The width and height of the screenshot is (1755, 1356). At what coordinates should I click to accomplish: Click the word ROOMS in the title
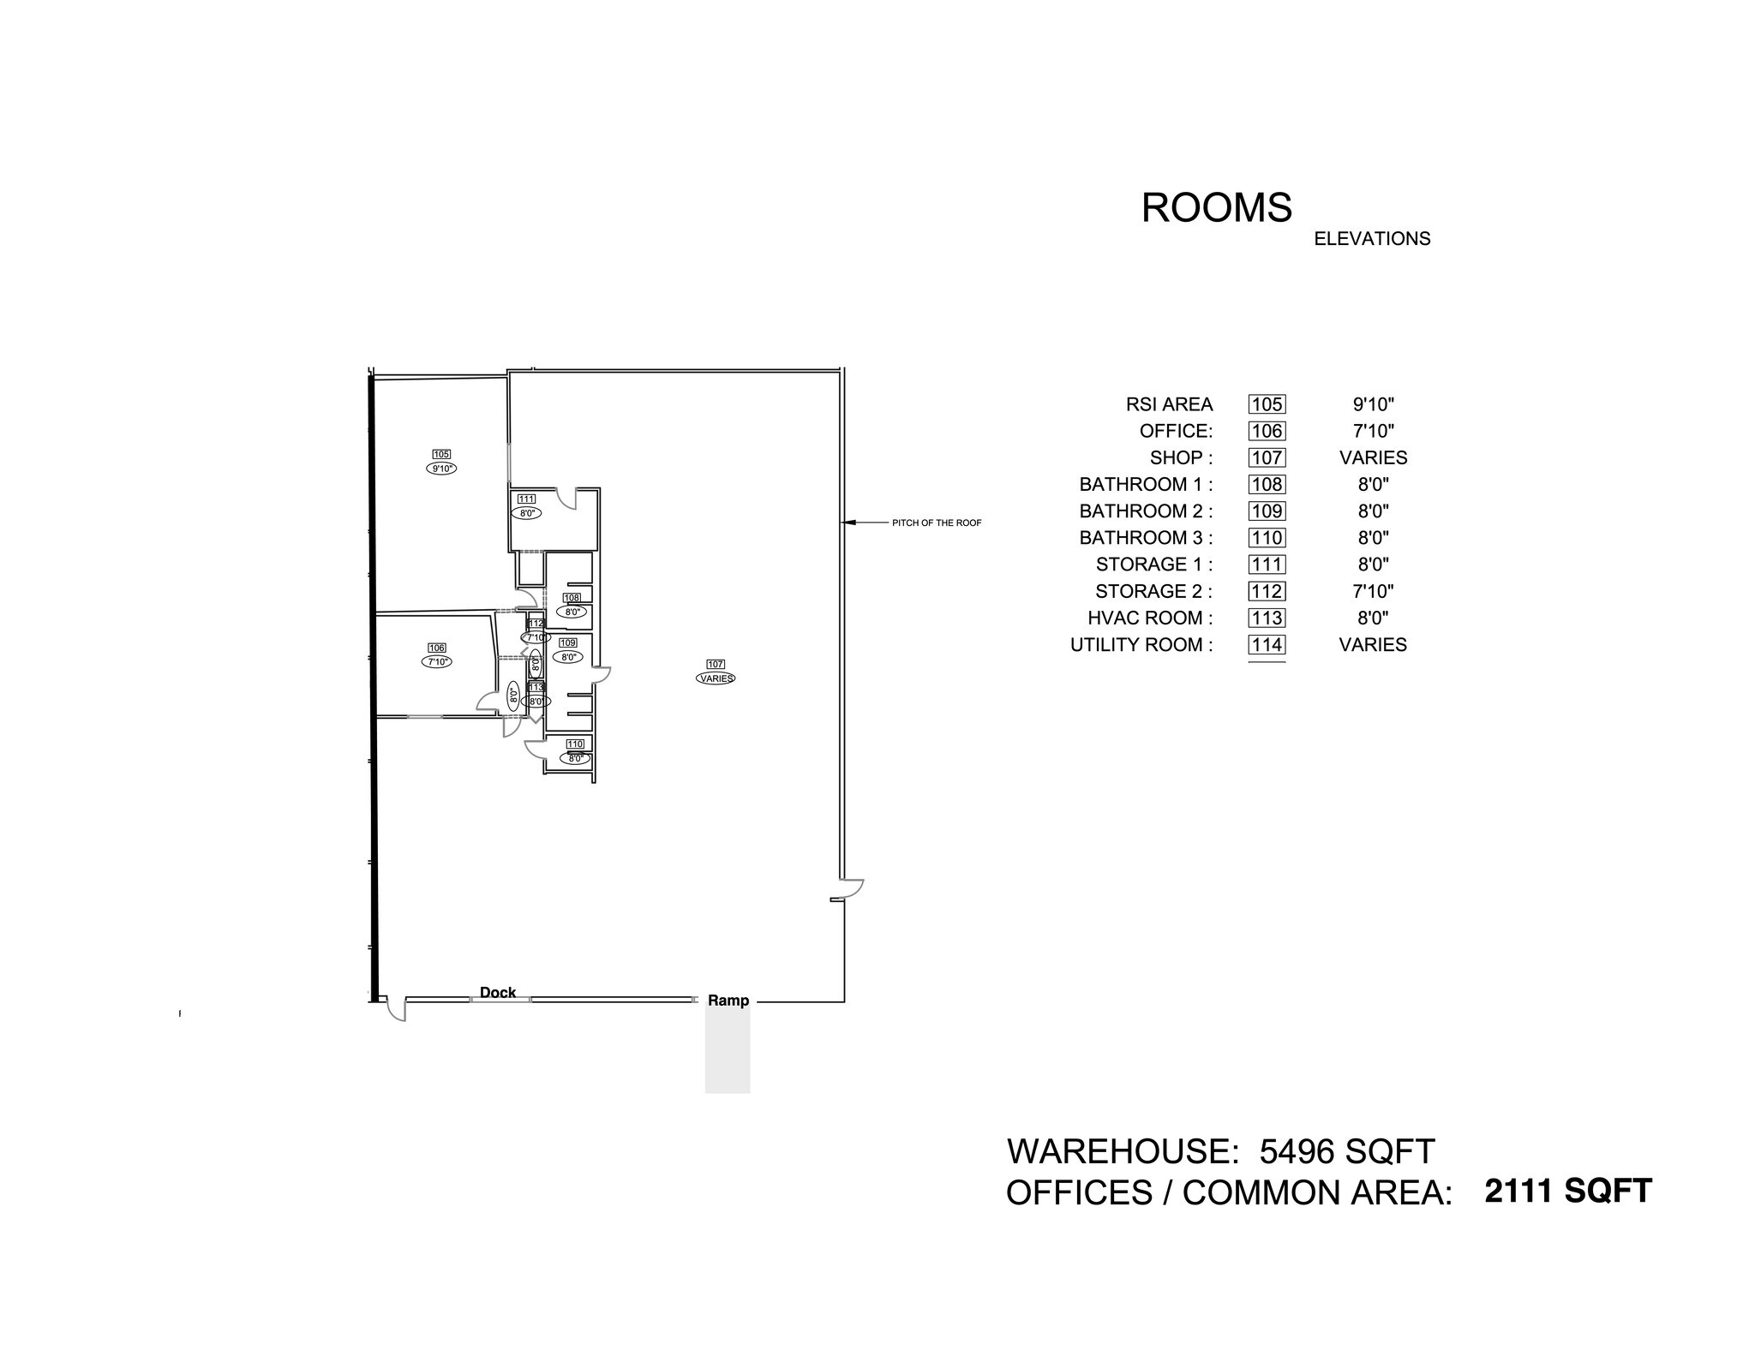(x=1216, y=208)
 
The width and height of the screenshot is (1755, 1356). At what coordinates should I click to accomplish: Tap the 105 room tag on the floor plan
(x=441, y=454)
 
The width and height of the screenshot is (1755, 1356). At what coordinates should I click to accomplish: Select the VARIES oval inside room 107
(x=716, y=678)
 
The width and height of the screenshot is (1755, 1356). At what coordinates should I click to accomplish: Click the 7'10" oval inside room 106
(x=436, y=661)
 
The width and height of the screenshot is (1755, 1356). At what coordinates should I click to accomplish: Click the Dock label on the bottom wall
(x=498, y=992)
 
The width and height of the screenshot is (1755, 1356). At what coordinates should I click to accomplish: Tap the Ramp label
(x=728, y=1001)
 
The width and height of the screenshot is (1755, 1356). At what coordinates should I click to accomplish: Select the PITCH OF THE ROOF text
(x=937, y=523)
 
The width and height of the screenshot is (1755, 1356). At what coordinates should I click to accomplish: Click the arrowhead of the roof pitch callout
(x=849, y=522)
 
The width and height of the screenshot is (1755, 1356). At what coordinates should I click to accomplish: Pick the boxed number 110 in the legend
(x=1267, y=538)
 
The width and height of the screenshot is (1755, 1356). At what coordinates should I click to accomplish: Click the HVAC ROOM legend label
(x=1150, y=618)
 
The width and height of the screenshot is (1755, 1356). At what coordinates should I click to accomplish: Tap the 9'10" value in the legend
(x=1373, y=404)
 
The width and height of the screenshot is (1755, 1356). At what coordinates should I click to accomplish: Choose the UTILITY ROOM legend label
(x=1141, y=645)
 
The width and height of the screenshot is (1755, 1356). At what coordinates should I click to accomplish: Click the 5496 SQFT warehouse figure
(x=1347, y=1151)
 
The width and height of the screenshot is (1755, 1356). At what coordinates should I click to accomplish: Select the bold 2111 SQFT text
(x=1568, y=1191)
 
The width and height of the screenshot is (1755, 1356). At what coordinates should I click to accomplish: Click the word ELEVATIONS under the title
(x=1372, y=239)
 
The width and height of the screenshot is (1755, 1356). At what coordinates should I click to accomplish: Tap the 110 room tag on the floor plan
(x=575, y=744)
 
